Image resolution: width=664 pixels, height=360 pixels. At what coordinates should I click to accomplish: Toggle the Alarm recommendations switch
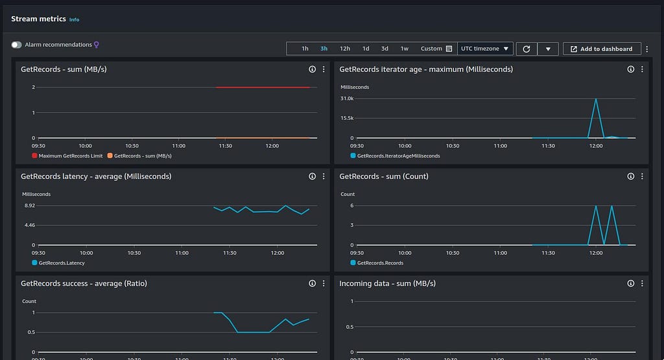pyautogui.click(x=16, y=45)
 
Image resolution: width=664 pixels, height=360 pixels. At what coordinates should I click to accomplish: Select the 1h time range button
pyautogui.click(x=305, y=49)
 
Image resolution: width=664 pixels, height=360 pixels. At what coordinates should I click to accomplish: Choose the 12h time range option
pyautogui.click(x=345, y=49)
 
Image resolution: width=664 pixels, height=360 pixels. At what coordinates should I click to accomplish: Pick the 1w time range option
pyautogui.click(x=405, y=49)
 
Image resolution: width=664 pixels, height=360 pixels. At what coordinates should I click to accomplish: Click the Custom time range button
pyautogui.click(x=436, y=49)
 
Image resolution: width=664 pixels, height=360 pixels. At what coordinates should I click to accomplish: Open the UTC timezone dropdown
pyautogui.click(x=485, y=49)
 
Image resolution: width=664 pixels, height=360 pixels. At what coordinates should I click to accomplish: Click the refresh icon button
pyautogui.click(x=527, y=49)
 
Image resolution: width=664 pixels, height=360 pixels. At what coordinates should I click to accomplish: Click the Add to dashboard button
pyautogui.click(x=602, y=49)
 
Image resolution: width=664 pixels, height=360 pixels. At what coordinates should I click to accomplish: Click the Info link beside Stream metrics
pyautogui.click(x=74, y=19)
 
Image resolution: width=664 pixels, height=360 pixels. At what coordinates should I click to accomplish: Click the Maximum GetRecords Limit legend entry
pyautogui.click(x=67, y=156)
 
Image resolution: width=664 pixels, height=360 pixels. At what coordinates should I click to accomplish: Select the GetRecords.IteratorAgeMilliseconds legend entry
pyautogui.click(x=395, y=156)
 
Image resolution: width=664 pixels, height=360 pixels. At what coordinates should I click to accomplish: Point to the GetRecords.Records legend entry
pyautogui.click(x=377, y=263)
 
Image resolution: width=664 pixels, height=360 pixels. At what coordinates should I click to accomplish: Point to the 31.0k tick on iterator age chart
pyautogui.click(x=347, y=99)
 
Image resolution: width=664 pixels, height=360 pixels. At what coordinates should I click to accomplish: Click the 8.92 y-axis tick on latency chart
pyautogui.click(x=30, y=206)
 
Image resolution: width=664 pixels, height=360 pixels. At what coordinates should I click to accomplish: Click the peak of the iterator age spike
pyautogui.click(x=596, y=99)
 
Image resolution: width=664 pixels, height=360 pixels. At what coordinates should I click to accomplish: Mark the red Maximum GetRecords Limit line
pyautogui.click(x=263, y=88)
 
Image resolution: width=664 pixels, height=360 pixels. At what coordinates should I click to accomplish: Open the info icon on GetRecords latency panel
pyautogui.click(x=312, y=176)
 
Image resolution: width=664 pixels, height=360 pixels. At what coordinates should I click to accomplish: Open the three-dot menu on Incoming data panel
pyautogui.click(x=642, y=283)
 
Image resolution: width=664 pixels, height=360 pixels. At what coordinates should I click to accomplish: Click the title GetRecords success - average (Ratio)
pyautogui.click(x=84, y=283)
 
